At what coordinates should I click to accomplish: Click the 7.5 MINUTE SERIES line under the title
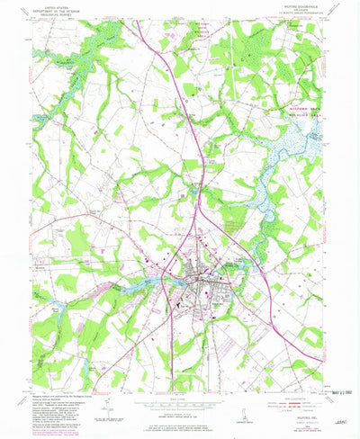pos(296,19)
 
